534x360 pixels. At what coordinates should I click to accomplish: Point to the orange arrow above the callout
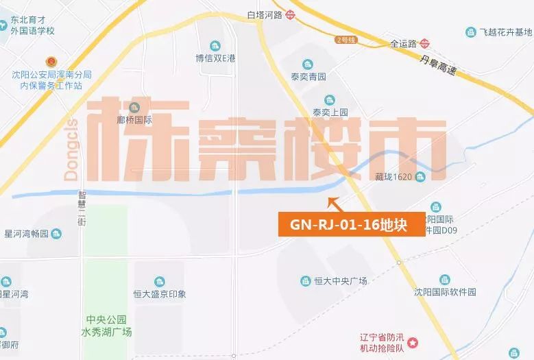pyautogui.click(x=335, y=203)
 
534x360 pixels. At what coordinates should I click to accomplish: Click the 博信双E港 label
pyautogui.click(x=215, y=58)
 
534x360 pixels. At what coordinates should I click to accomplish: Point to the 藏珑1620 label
pyautogui.click(x=396, y=177)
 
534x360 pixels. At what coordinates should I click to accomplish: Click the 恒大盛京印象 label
pyautogui.click(x=159, y=294)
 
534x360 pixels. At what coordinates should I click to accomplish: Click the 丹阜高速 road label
pyautogui.click(x=441, y=64)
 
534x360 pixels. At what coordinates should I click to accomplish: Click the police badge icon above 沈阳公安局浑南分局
pyautogui.click(x=51, y=62)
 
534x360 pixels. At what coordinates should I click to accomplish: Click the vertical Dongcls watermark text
pyautogui.click(x=71, y=149)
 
